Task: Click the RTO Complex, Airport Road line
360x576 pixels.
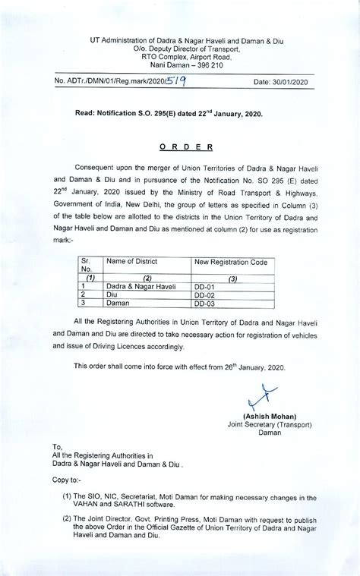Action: pyautogui.click(x=179, y=55)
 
